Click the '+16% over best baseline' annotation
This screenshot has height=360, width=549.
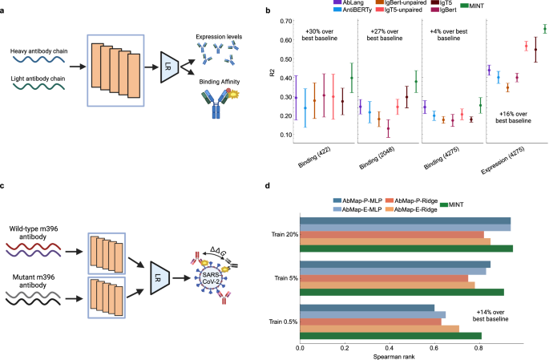[x=511, y=116]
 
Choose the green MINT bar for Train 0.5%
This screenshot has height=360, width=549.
[x=390, y=335]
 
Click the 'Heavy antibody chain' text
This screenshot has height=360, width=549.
[x=39, y=52]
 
